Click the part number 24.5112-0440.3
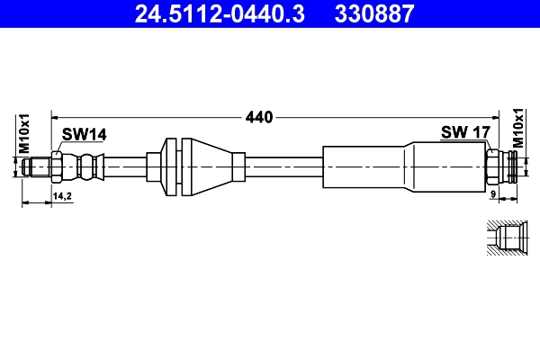[220, 13]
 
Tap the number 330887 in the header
[374, 13]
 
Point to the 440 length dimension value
[259, 117]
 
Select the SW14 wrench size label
[84, 134]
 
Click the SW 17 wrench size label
[465, 132]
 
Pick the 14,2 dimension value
[62, 196]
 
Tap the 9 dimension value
[493, 194]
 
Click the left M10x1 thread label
[24, 134]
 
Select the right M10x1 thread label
[518, 128]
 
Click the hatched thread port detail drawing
[507, 238]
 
